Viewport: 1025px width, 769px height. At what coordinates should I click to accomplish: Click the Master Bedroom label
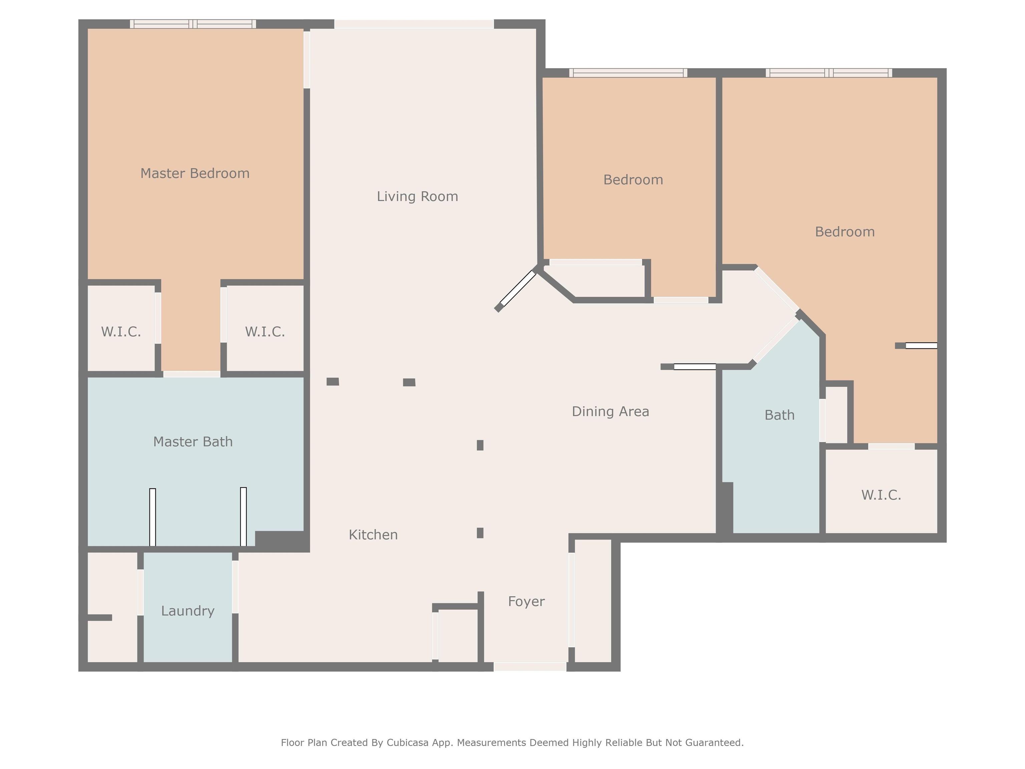(195, 173)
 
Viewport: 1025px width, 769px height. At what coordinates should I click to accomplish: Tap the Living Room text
(417, 197)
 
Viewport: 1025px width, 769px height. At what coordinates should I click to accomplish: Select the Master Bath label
(193, 442)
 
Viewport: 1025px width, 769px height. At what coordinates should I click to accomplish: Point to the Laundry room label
(188, 611)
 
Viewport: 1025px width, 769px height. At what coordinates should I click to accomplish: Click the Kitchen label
(373, 535)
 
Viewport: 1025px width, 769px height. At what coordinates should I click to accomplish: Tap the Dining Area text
(610, 412)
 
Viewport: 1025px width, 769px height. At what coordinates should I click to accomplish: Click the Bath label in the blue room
(779, 415)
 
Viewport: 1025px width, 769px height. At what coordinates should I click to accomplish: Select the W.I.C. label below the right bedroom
(881, 495)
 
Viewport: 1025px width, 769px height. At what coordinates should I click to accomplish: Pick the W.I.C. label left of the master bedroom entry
(121, 332)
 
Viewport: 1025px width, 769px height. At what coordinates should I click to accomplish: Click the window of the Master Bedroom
(193, 24)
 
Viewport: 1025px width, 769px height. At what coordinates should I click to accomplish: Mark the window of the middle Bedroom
(628, 73)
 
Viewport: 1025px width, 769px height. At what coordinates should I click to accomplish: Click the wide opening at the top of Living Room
(414, 24)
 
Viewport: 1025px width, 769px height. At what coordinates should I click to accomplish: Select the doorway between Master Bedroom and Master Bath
(192, 374)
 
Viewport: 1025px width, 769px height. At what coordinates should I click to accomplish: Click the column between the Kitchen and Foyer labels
(480, 533)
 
